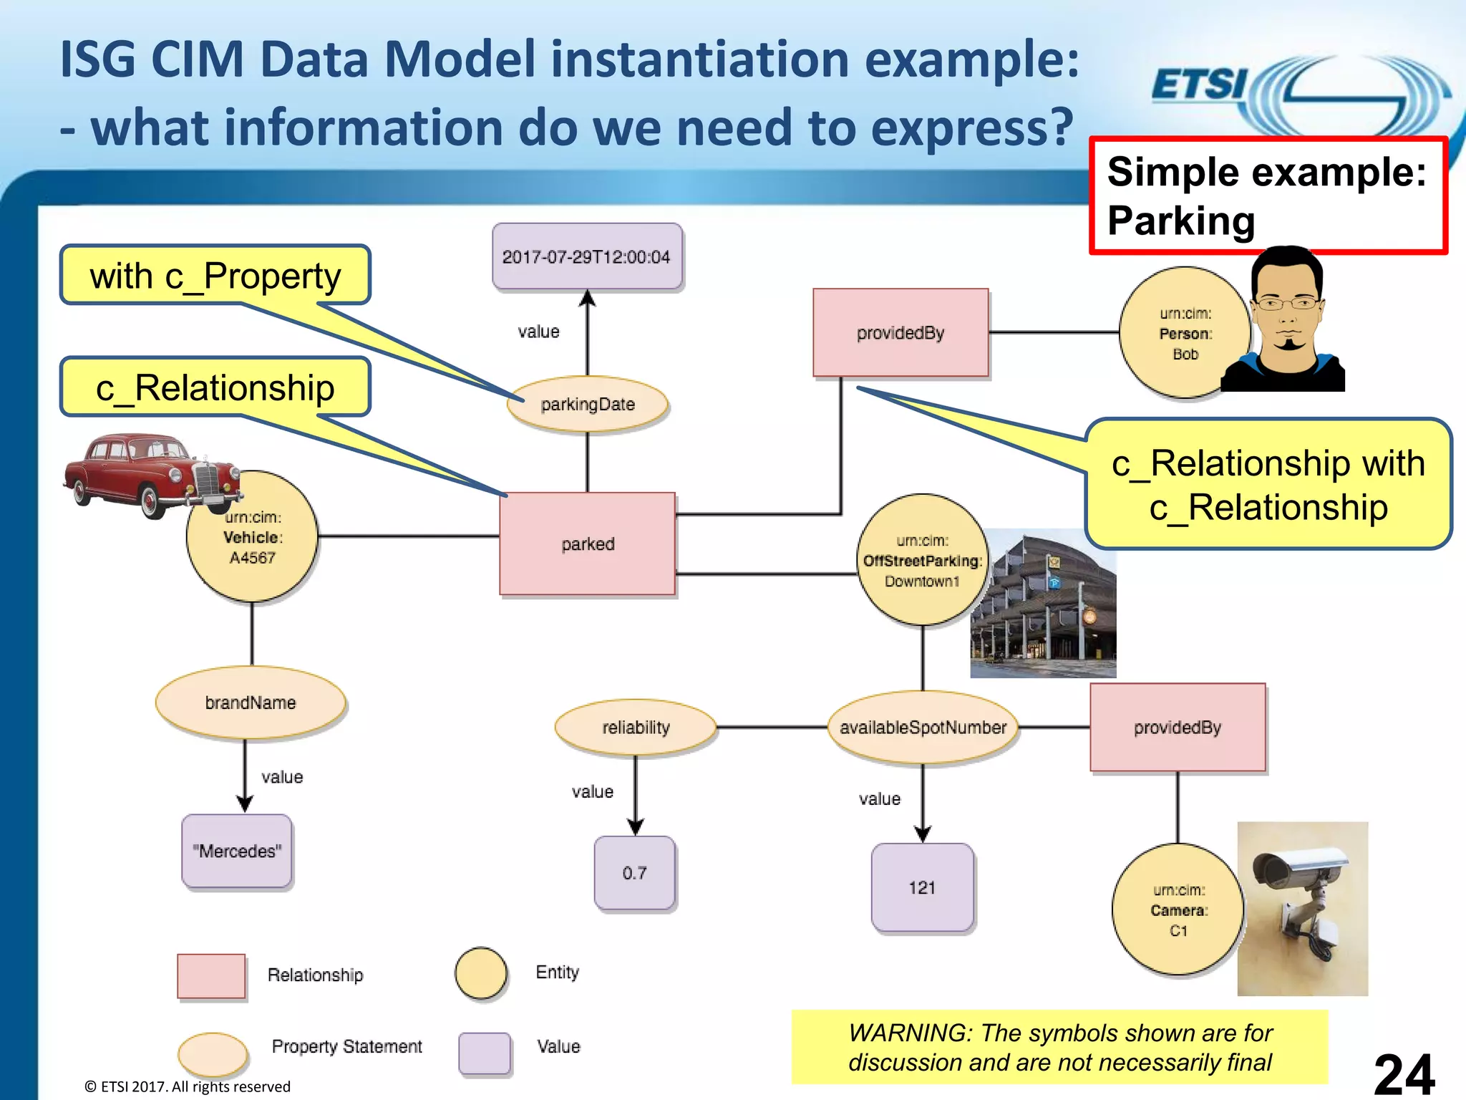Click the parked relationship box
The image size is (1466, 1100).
coord(587,544)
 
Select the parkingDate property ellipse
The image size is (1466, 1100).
coord(587,405)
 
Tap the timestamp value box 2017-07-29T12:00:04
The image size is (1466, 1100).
coord(586,256)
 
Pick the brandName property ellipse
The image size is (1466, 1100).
coord(251,703)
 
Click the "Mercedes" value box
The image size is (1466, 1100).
coord(237,851)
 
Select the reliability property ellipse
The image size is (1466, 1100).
coord(636,728)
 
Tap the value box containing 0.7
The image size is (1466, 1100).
coord(634,873)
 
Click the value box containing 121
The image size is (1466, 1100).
coord(922,888)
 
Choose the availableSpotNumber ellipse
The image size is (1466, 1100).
coord(923,728)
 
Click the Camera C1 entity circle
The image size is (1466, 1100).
coord(1178,910)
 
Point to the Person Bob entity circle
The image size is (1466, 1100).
coord(1185,334)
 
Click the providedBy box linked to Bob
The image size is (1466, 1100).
coord(901,333)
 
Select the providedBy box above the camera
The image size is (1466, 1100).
coord(1178,728)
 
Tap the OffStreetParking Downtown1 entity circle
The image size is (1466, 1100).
coord(922,561)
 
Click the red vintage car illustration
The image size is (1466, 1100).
coord(143,473)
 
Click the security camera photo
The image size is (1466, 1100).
coord(1302,908)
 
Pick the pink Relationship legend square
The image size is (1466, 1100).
coord(211,975)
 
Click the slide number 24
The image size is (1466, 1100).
coord(1404,1074)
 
